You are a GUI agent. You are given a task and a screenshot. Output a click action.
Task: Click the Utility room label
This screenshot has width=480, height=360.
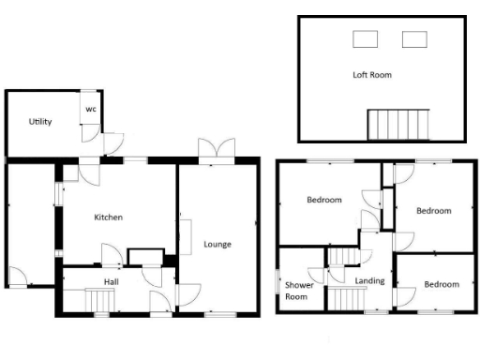pyautogui.click(x=39, y=122)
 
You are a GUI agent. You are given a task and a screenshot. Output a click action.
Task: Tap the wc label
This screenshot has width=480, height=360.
pyautogui.click(x=91, y=108)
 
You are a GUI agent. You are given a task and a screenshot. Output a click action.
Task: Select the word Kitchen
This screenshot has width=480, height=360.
pyautogui.click(x=109, y=217)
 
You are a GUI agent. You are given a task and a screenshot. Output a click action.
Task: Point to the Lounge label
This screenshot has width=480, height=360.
pyautogui.click(x=217, y=245)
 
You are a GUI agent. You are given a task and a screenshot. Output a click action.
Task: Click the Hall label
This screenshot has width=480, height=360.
pyautogui.click(x=110, y=280)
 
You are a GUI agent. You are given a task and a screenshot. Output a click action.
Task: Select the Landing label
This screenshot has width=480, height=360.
pyautogui.click(x=369, y=279)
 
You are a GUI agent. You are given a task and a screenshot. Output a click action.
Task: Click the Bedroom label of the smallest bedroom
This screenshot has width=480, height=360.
pyautogui.click(x=441, y=284)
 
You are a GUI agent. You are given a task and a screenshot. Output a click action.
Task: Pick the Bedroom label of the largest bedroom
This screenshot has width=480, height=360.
pyautogui.click(x=324, y=200)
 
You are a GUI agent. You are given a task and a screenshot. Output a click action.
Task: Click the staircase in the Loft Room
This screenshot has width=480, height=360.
pyautogui.click(x=397, y=124)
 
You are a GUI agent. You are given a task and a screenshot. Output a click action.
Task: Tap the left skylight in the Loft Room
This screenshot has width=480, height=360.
pyautogui.click(x=364, y=39)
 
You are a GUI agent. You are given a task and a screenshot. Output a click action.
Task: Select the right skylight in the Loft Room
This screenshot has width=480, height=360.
pyautogui.click(x=413, y=39)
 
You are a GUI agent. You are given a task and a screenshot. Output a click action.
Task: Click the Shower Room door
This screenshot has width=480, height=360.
pyautogui.click(x=318, y=275)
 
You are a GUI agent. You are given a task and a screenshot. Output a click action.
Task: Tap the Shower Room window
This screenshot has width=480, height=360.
pyautogui.click(x=278, y=281)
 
